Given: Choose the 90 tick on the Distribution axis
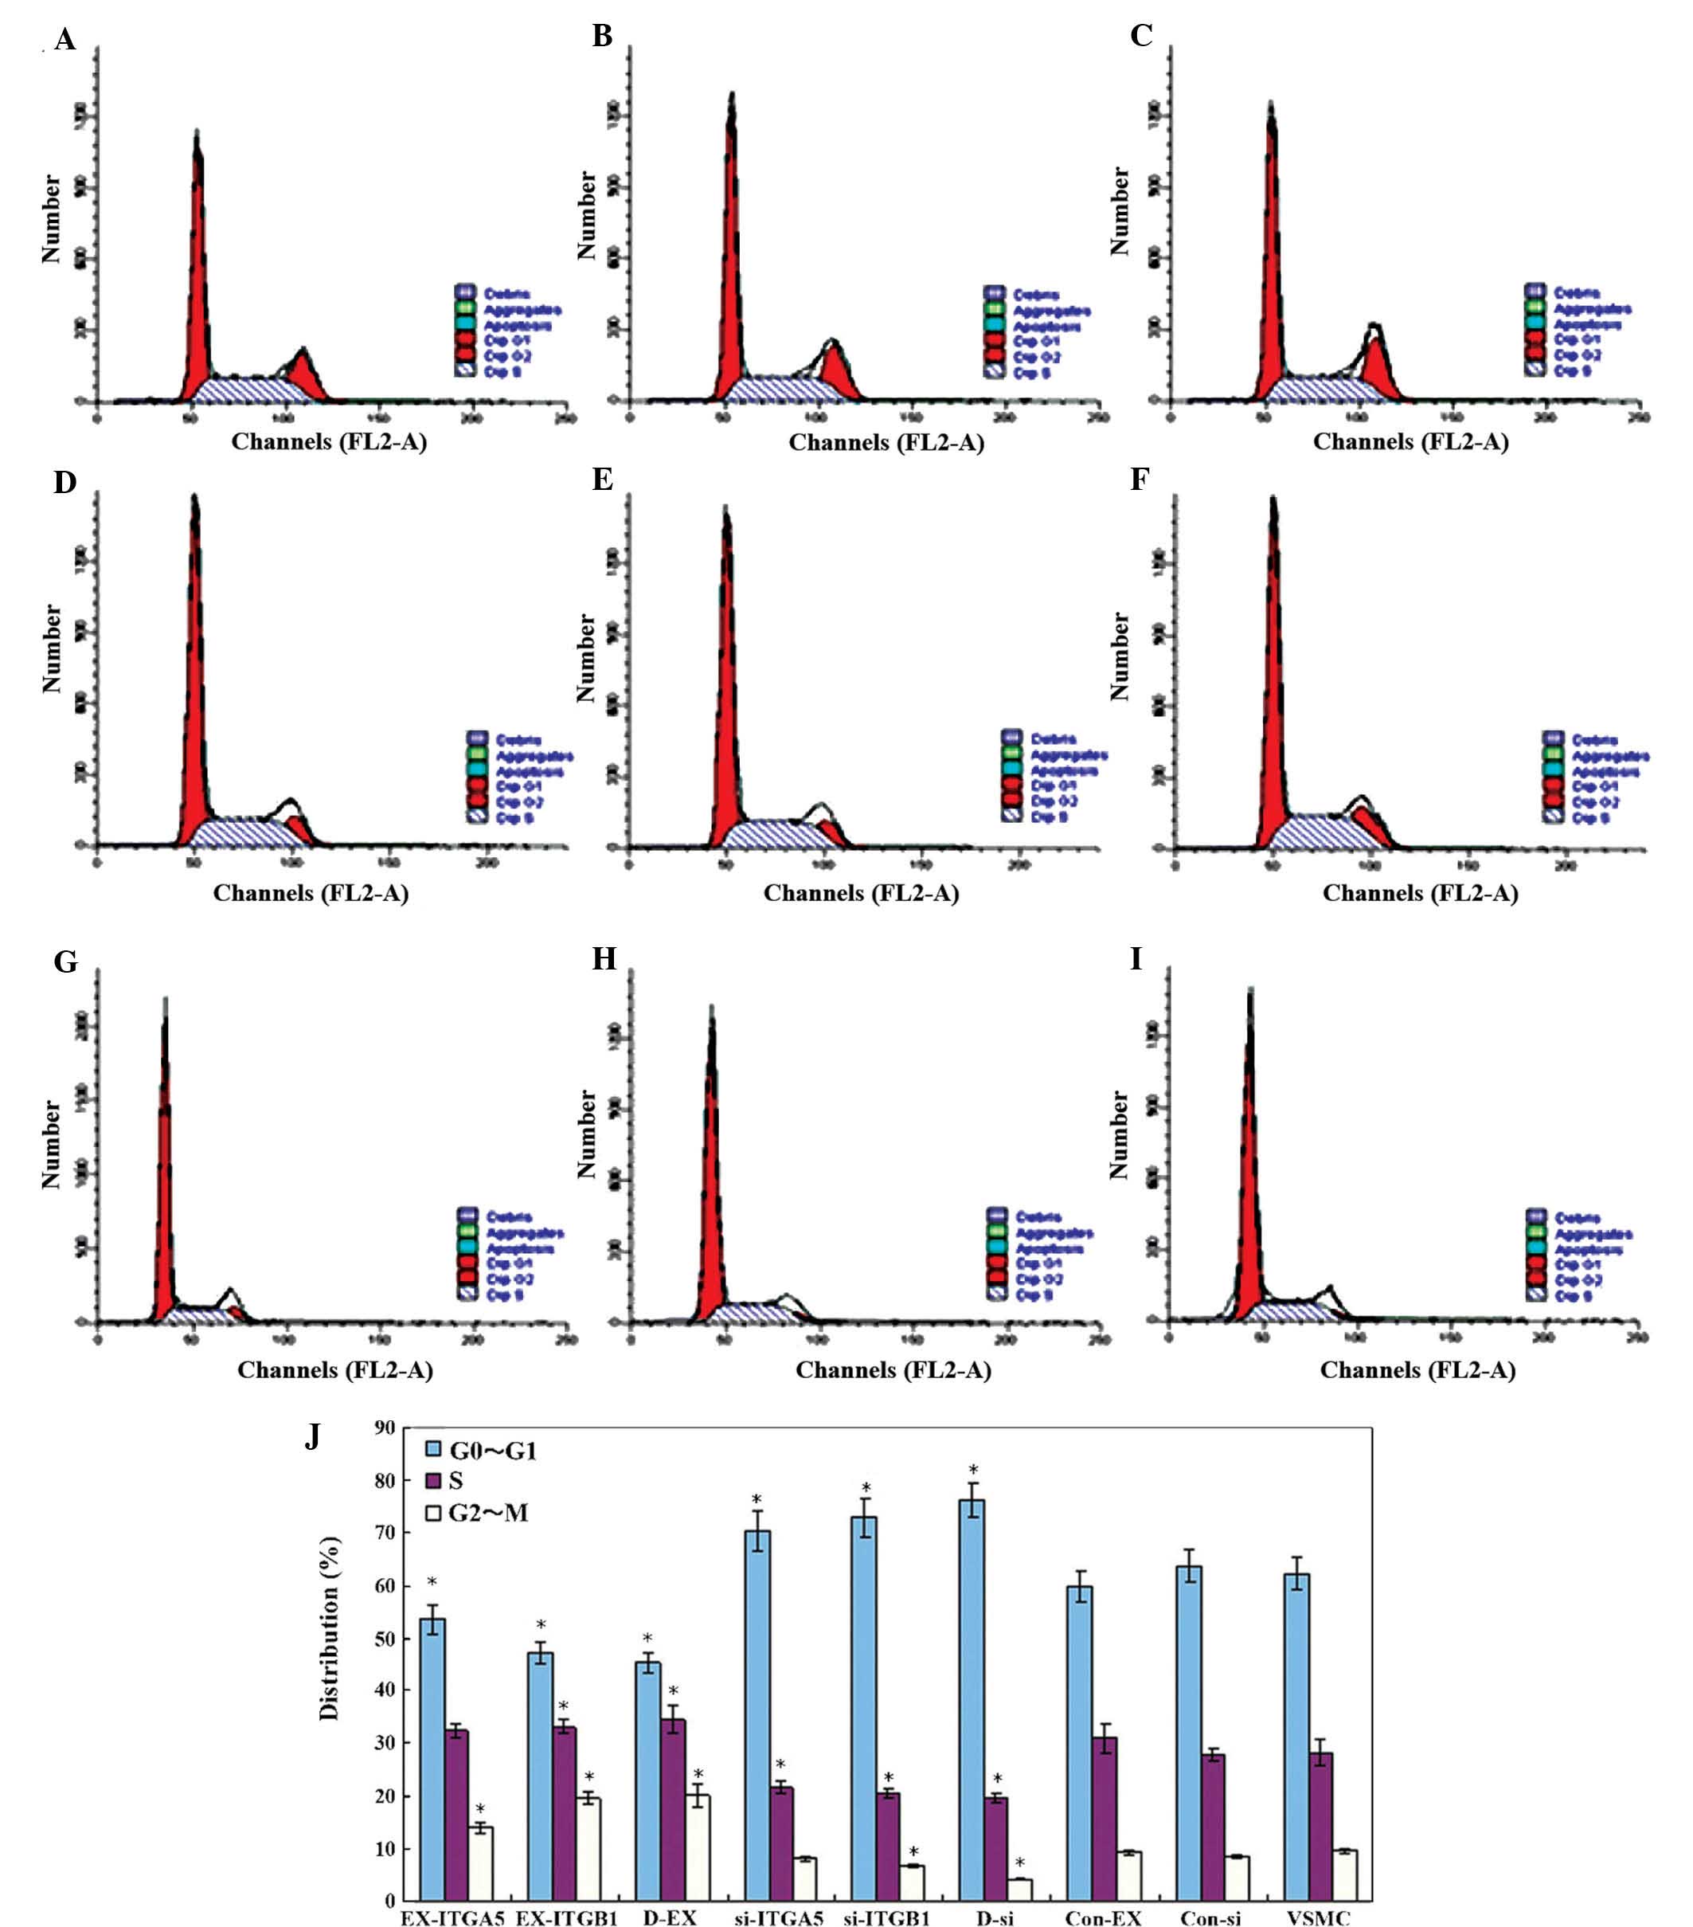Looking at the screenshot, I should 385,1428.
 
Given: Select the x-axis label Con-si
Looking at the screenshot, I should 1210,1917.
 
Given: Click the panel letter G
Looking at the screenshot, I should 65,962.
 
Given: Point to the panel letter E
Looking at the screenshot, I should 602,479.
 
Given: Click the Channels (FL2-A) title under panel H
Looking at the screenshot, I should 893,1370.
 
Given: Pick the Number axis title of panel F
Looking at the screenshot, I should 1119,656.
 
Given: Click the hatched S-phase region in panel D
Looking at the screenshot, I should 240,832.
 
